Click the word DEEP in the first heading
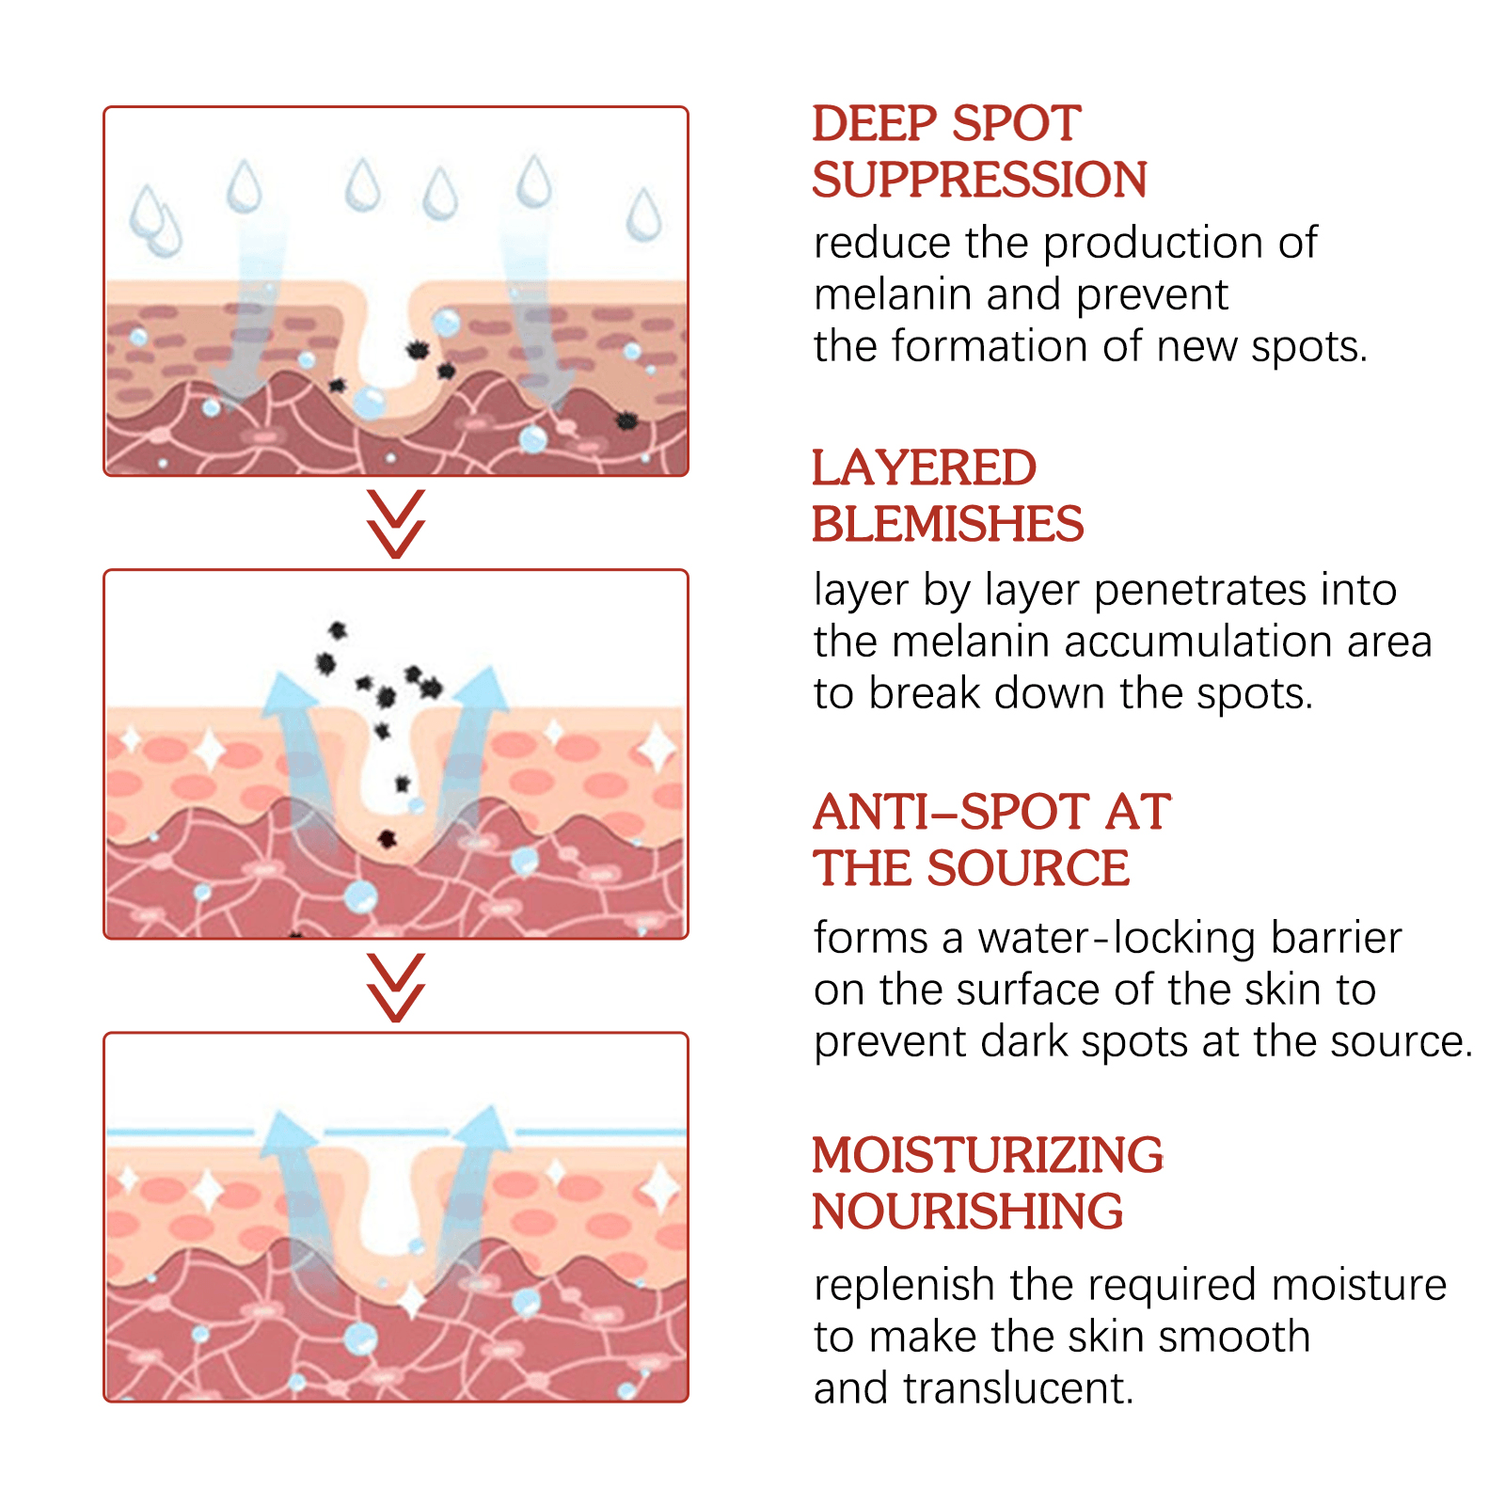point(875,124)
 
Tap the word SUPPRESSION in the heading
point(979,181)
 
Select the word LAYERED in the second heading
point(924,468)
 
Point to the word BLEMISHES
point(947,525)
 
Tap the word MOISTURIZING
point(988,1156)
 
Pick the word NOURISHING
point(967,1212)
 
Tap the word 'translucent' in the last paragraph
point(1018,1389)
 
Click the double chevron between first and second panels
point(396,523)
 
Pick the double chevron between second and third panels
point(396,987)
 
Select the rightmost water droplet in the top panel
point(644,215)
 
